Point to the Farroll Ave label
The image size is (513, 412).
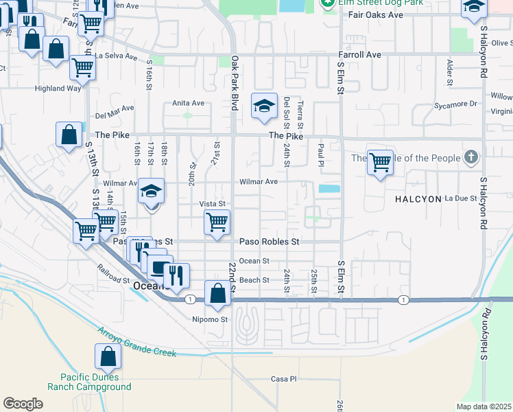(x=359, y=54)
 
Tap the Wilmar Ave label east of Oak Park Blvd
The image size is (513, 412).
(x=258, y=182)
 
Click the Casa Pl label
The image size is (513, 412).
(x=283, y=378)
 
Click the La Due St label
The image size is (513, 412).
(x=460, y=198)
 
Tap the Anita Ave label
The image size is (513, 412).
(x=188, y=103)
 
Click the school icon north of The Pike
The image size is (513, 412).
(x=264, y=106)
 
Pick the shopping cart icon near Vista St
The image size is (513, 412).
(x=217, y=222)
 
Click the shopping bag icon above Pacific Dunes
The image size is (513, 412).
(x=108, y=356)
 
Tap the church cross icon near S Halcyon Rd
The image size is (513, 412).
(x=470, y=158)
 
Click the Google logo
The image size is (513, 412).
(x=23, y=403)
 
